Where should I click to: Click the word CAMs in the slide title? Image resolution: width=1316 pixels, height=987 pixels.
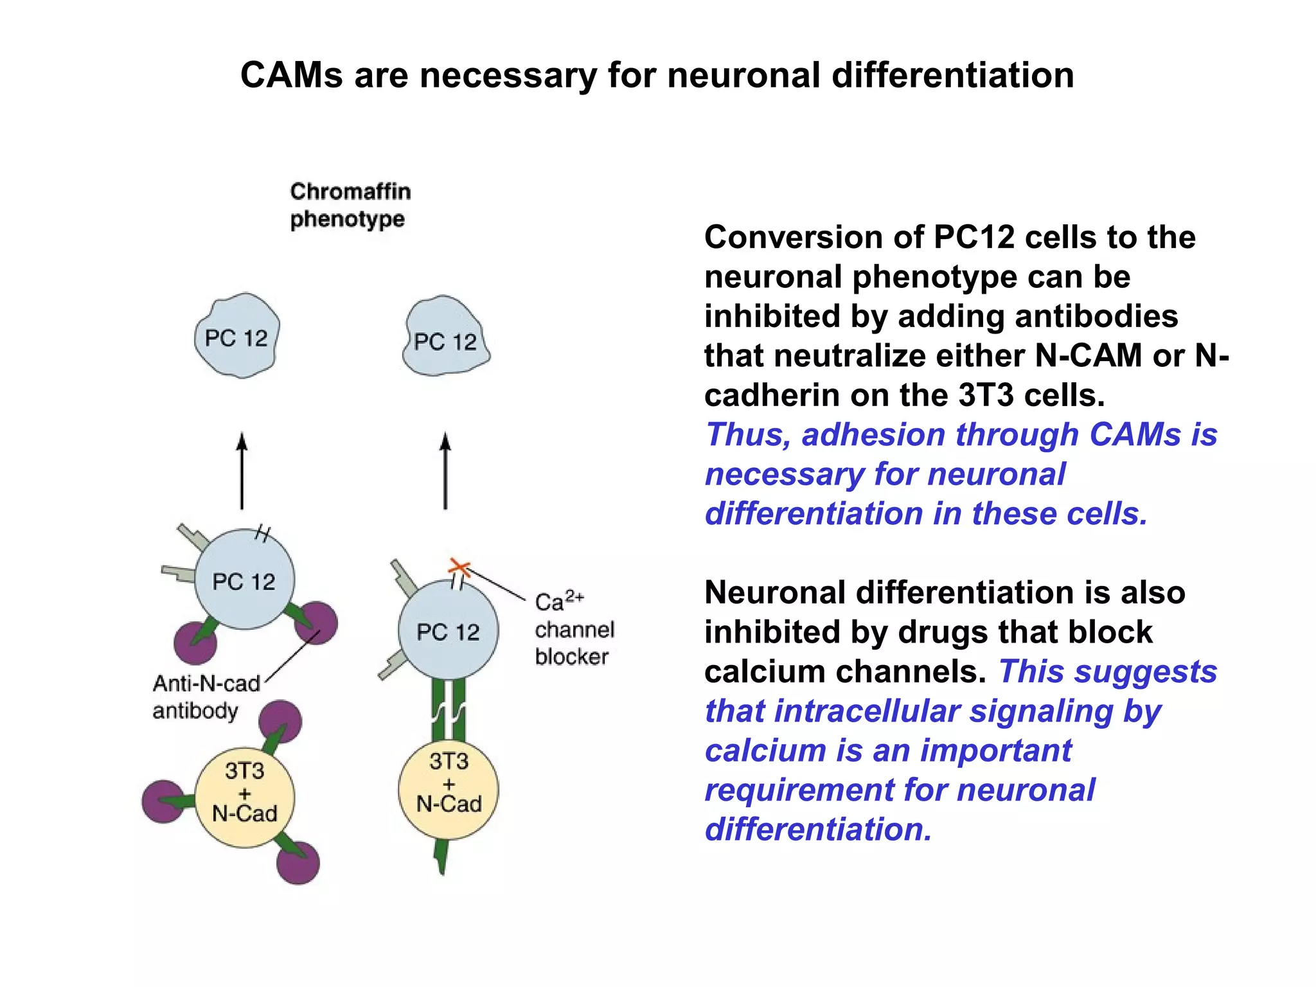click(x=292, y=75)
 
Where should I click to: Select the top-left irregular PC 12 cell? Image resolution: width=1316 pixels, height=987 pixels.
click(x=237, y=337)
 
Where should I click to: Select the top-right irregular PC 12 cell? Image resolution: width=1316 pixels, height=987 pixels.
click(x=446, y=338)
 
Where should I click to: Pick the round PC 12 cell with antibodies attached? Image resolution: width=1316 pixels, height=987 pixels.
click(x=244, y=580)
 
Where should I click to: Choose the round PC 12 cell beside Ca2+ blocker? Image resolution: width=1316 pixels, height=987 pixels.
click(x=448, y=630)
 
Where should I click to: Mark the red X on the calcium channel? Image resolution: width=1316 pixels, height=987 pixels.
click(x=459, y=567)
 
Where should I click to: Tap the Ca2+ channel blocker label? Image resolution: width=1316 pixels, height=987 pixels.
click(x=574, y=629)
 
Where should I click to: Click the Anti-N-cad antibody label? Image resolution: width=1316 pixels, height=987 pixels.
click(x=206, y=697)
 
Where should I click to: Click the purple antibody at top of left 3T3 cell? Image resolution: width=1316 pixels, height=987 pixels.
click(x=281, y=722)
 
